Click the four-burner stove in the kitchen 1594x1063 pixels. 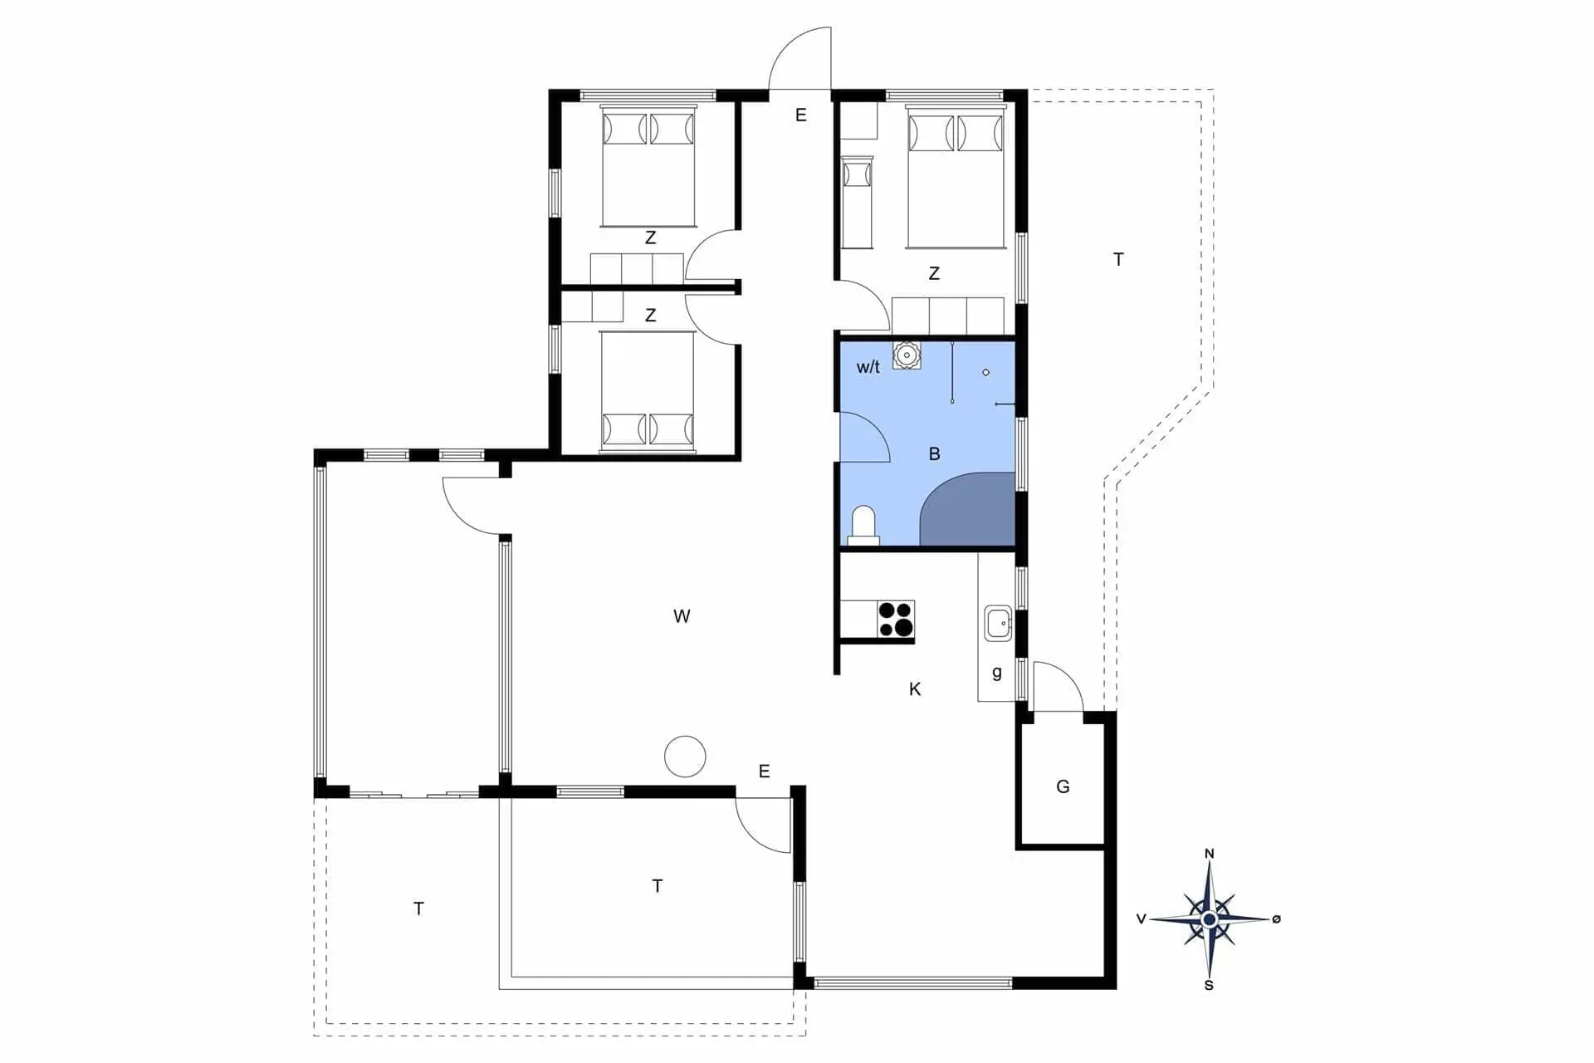(896, 620)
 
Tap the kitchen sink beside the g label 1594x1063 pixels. (998, 623)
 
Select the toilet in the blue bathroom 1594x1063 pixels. (863, 525)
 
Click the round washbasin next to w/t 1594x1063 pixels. (907, 355)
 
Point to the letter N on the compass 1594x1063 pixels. (1210, 854)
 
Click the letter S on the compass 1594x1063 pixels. (1209, 986)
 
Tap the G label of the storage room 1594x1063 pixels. (1063, 786)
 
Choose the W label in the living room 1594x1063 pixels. (682, 616)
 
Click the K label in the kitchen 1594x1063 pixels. (915, 688)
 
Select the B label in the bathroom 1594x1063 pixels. (935, 454)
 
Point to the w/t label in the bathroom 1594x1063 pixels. (868, 367)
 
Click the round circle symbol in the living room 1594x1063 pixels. (685, 757)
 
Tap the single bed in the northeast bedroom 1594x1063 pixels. (858, 203)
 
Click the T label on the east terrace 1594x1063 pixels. (1118, 260)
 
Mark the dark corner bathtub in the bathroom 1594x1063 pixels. (968, 509)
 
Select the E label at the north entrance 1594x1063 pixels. (800, 115)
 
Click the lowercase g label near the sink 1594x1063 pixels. (997, 673)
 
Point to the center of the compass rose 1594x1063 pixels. (1210, 919)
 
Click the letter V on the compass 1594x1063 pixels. (1142, 919)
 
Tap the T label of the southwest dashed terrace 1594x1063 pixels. (418, 909)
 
